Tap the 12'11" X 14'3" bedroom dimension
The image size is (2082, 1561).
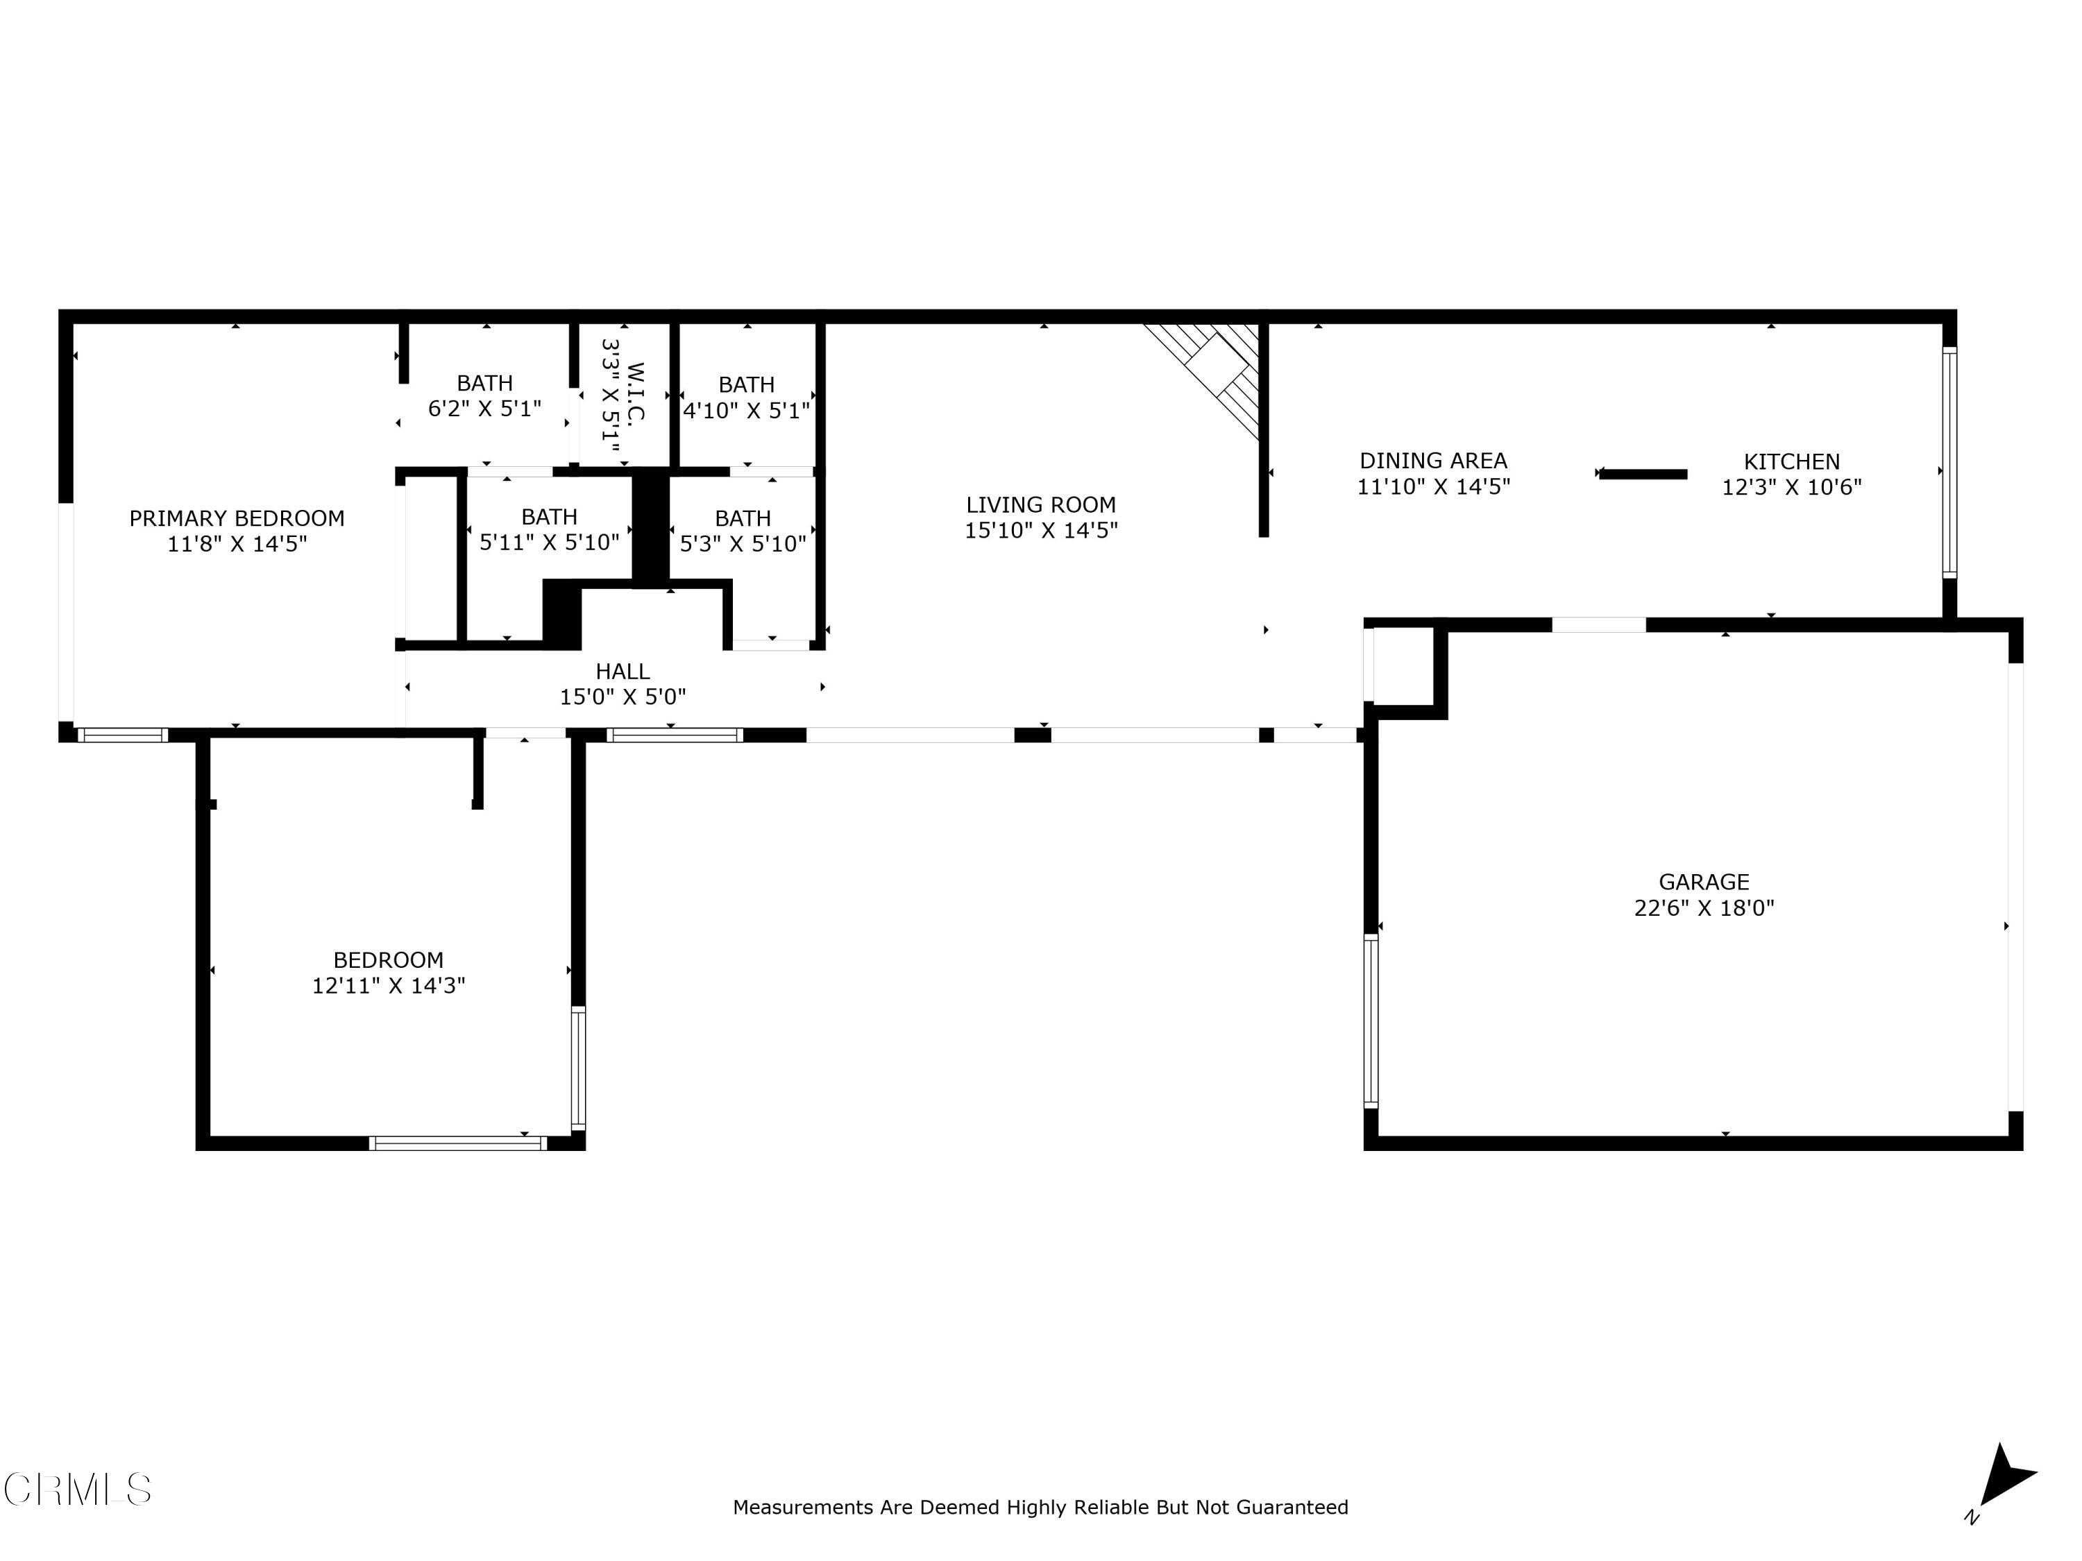pyautogui.click(x=389, y=985)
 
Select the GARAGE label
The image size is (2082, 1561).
pyautogui.click(x=1704, y=882)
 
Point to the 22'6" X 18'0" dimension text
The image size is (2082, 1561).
pyautogui.click(x=1704, y=908)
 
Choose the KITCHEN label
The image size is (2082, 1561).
pyautogui.click(x=1791, y=461)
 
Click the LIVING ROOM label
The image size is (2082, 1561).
pyautogui.click(x=1040, y=504)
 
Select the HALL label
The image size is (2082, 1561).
pyautogui.click(x=622, y=671)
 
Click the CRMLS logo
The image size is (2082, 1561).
pyautogui.click(x=77, y=1490)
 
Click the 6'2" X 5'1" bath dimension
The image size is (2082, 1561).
pyautogui.click(x=484, y=409)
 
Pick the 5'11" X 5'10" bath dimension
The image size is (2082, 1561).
pyautogui.click(x=549, y=543)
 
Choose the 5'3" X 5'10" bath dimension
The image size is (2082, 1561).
pyautogui.click(x=743, y=544)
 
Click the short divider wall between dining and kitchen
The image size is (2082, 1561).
pyautogui.click(x=1643, y=475)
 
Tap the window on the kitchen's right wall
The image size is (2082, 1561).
pyautogui.click(x=1949, y=461)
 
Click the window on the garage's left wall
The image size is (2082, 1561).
pyautogui.click(x=1371, y=1021)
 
